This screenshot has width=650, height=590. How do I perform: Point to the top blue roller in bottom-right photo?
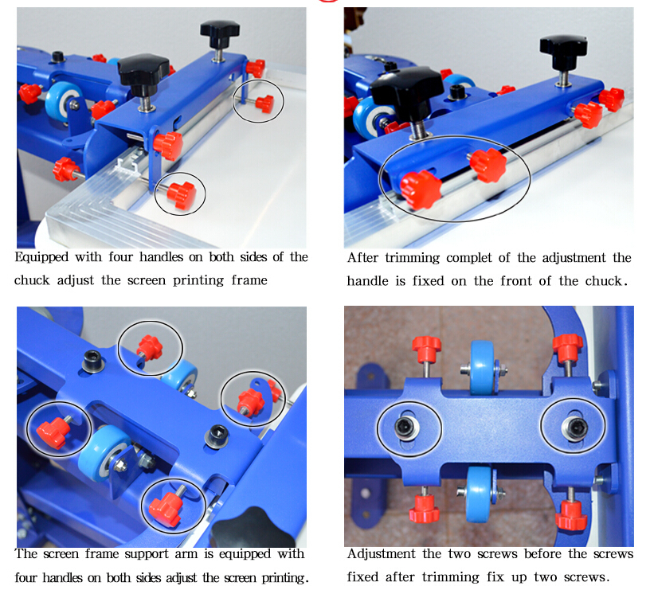[x=482, y=361]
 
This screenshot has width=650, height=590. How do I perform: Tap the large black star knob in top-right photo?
[x=407, y=88]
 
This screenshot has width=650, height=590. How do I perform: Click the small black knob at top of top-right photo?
[x=562, y=49]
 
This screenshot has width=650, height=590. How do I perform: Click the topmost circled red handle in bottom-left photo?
[x=150, y=347]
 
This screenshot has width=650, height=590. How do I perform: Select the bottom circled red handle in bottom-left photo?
[x=170, y=506]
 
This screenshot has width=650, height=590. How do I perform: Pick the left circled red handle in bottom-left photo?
[x=53, y=430]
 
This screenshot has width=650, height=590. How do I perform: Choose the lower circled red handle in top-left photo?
[x=182, y=193]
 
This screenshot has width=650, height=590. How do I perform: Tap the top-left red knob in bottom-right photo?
[x=426, y=348]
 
